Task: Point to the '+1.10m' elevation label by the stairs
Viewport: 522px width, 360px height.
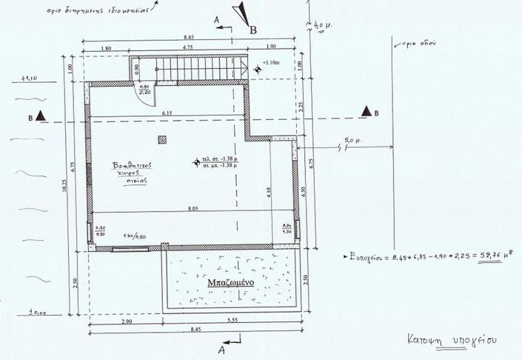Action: [272, 64]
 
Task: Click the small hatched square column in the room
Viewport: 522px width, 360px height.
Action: [162, 139]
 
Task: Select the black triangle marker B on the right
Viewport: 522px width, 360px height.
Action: [366, 111]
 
